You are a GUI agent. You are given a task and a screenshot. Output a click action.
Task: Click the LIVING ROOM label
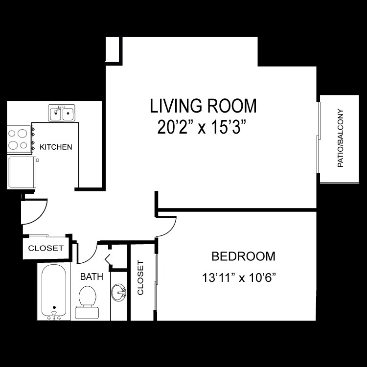pos(203,106)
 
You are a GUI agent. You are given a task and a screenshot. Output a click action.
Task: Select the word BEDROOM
pos(243,256)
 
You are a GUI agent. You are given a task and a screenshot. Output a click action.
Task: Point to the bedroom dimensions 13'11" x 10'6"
pos(240,278)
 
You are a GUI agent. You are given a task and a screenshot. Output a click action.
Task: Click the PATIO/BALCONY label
pos(341,138)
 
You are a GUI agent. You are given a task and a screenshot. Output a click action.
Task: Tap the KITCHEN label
pos(56,147)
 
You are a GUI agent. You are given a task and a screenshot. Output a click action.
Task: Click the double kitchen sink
pos(61,114)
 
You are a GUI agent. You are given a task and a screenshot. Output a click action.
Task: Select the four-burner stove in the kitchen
pos(19,138)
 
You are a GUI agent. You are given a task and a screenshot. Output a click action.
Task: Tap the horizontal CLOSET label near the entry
pos(46,248)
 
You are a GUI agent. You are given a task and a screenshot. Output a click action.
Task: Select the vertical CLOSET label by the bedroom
pos(141,278)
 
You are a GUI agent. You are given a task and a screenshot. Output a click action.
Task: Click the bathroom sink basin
pos(118,294)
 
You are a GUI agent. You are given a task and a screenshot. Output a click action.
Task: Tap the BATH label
pos(92,277)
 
